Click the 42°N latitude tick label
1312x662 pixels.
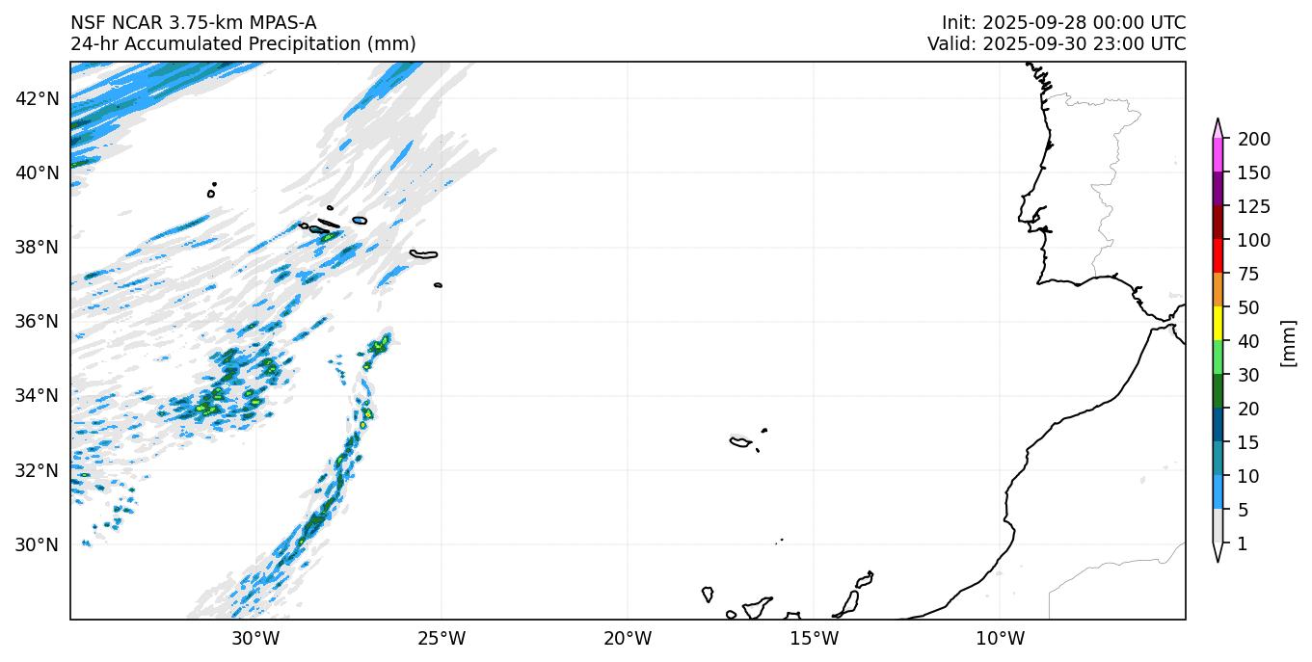pyautogui.click(x=40, y=98)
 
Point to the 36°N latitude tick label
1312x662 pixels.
pyautogui.click(x=40, y=321)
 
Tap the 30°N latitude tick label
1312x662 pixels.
pyautogui.click(x=40, y=544)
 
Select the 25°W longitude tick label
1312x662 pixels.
pyautogui.click(x=442, y=638)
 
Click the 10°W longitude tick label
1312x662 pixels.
pyautogui.click(x=1000, y=638)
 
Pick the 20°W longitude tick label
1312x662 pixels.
pyautogui.click(x=628, y=638)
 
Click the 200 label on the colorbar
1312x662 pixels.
pyautogui.click(x=1253, y=140)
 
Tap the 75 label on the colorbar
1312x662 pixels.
pyautogui.click(x=1249, y=275)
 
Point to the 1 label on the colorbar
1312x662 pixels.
pyautogui.click(x=1242, y=544)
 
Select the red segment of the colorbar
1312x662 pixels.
pyautogui.click(x=1218, y=256)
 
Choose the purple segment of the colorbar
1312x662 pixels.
pyautogui.click(x=1218, y=189)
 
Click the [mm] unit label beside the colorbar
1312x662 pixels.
pyautogui.click(x=1287, y=342)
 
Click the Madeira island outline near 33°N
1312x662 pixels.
pyautogui.click(x=740, y=442)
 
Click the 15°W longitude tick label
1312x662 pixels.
pyautogui.click(x=814, y=638)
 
